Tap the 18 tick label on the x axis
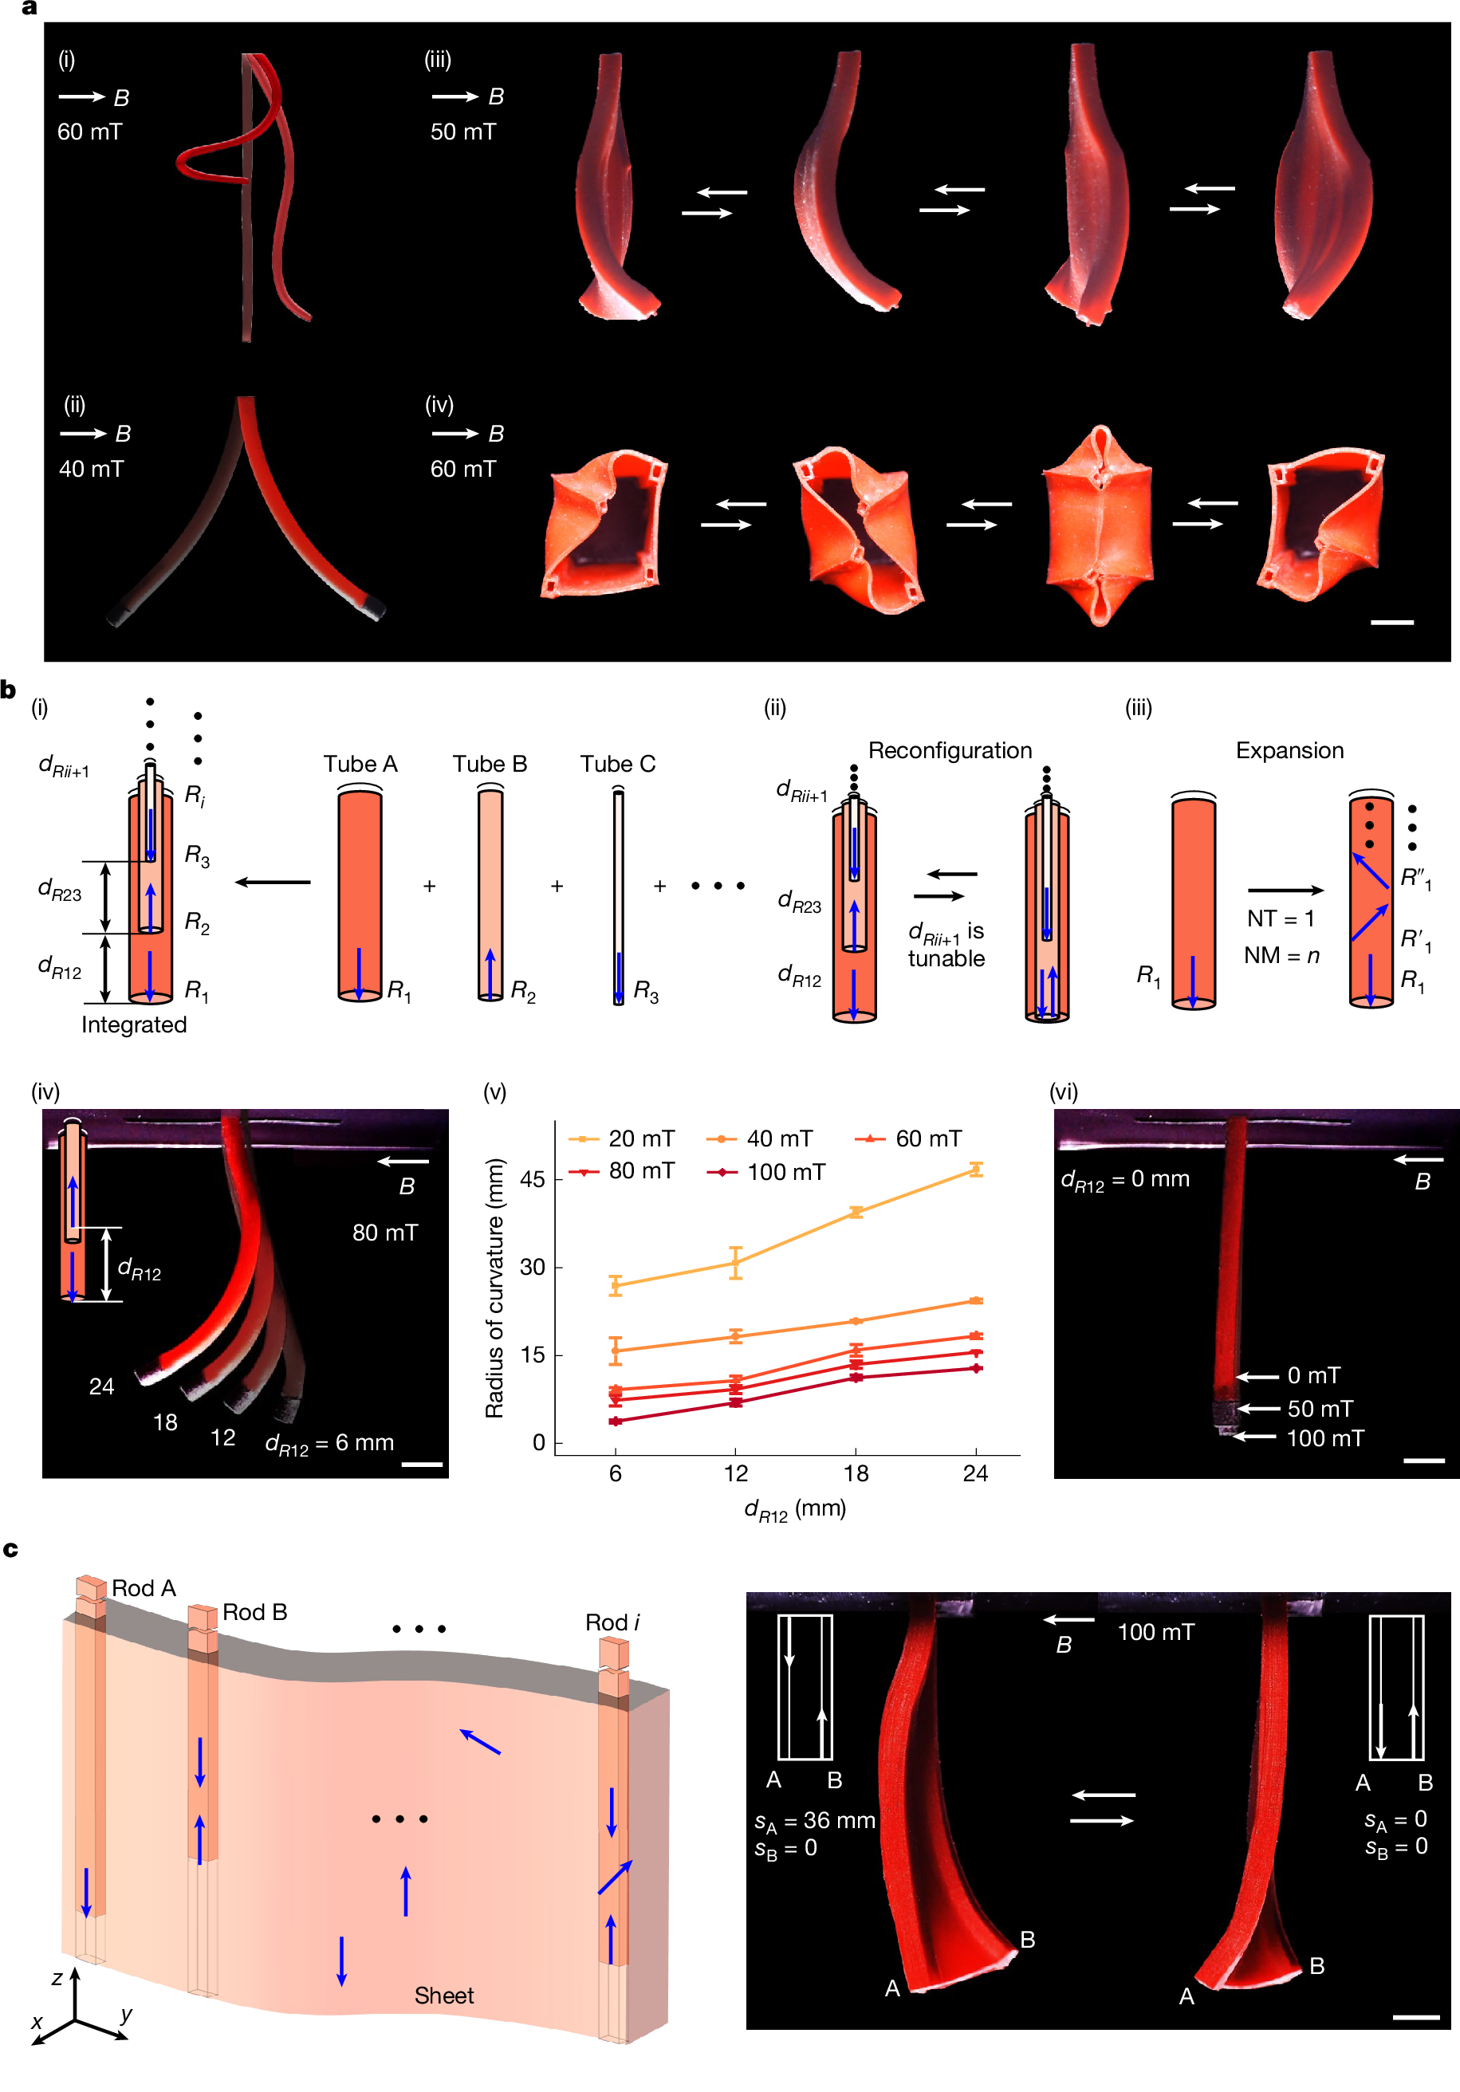click(x=856, y=1473)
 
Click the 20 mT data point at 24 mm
click(x=976, y=1170)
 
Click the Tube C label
click(x=618, y=764)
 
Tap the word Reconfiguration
click(x=950, y=750)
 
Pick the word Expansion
click(x=1289, y=750)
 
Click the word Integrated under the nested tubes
click(x=134, y=1025)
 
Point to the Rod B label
click(x=254, y=1612)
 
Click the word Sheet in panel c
click(x=444, y=1996)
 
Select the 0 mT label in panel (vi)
click(x=1313, y=1375)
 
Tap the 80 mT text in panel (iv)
click(x=384, y=1233)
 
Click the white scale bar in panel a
click(x=1391, y=623)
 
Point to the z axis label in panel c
click(x=57, y=1978)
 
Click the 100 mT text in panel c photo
click(x=1155, y=1632)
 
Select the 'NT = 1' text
click(x=1281, y=918)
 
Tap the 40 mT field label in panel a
click(x=91, y=470)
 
